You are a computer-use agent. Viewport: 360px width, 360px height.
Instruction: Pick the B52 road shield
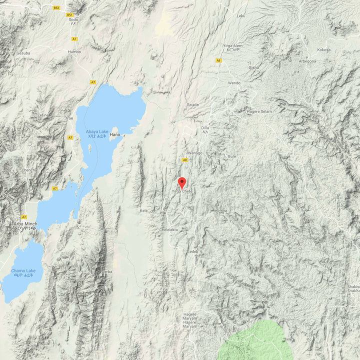(x=56, y=8)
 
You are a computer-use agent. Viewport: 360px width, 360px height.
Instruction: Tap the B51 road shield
(x=69, y=15)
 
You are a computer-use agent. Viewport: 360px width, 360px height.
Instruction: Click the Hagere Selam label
(x=259, y=111)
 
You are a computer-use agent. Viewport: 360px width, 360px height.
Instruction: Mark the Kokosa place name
(x=324, y=50)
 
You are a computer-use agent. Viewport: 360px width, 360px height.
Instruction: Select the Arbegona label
(x=307, y=61)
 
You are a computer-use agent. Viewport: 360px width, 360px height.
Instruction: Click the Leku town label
(x=241, y=16)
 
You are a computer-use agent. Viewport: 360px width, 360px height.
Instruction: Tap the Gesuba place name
(x=23, y=52)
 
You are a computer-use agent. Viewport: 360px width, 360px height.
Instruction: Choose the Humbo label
(x=74, y=51)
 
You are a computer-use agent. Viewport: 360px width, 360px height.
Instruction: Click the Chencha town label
(x=29, y=170)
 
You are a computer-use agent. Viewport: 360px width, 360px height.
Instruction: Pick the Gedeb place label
(x=192, y=251)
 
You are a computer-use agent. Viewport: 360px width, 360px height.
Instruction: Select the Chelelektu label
(x=168, y=229)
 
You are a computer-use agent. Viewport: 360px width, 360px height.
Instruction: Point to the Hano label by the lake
(x=115, y=134)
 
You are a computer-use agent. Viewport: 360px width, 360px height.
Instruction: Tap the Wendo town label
(x=234, y=83)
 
